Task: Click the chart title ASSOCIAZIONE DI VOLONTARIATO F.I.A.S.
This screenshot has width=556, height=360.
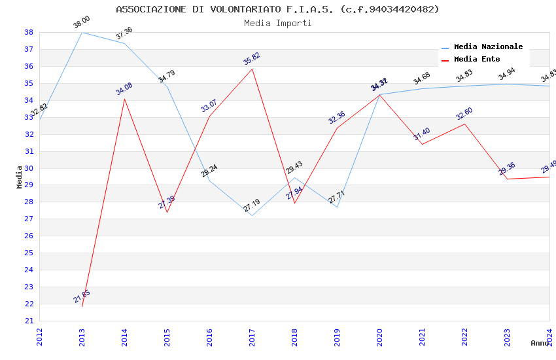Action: (x=277, y=9)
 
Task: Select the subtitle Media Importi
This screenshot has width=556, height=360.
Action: (x=277, y=23)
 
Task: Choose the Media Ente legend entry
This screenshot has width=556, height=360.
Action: (x=477, y=59)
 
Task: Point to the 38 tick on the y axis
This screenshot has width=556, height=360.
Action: (x=29, y=32)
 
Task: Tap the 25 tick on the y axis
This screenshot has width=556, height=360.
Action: (x=29, y=253)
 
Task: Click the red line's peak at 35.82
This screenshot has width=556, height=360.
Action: (x=252, y=69)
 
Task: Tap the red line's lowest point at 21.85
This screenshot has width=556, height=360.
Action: (x=82, y=306)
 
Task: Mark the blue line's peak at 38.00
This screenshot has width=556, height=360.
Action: (x=82, y=32)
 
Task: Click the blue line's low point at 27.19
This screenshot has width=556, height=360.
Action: (x=252, y=215)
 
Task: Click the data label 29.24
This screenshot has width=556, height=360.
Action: (x=209, y=171)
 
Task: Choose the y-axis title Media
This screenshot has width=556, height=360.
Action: (x=20, y=177)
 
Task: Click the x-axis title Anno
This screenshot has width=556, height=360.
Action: (x=540, y=343)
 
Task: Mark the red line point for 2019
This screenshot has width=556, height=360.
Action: (x=337, y=128)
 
